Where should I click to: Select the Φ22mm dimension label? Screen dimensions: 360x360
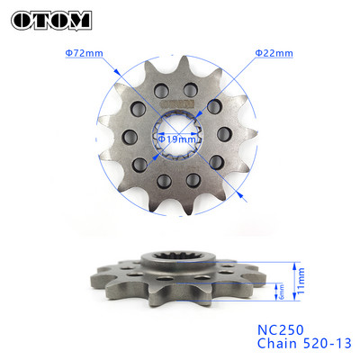tap(274, 53)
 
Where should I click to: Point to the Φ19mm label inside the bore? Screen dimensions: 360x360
tap(176, 139)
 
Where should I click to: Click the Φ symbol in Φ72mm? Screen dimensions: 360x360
tap(67, 53)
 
